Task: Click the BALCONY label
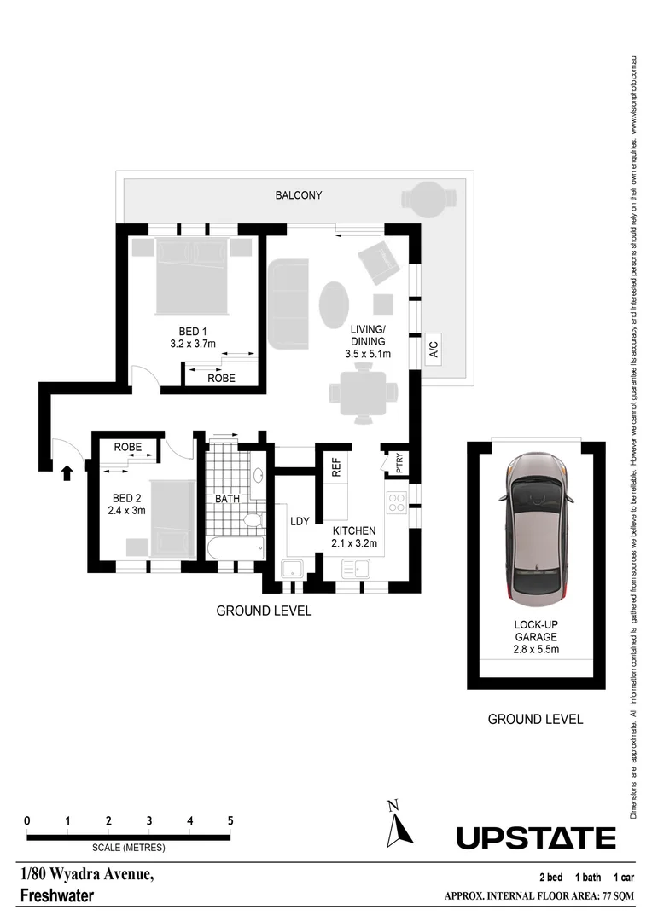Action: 298,195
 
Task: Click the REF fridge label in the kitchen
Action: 336,466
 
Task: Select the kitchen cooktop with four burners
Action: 397,502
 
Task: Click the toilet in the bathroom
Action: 253,519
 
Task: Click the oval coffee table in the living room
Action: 334,303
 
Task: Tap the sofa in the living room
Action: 288,303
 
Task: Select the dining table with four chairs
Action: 364,393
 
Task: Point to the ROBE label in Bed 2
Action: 128,447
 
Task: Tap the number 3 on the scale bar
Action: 149,820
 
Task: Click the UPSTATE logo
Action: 535,837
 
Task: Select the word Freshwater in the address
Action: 56,896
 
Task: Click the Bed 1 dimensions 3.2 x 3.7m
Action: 193,344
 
